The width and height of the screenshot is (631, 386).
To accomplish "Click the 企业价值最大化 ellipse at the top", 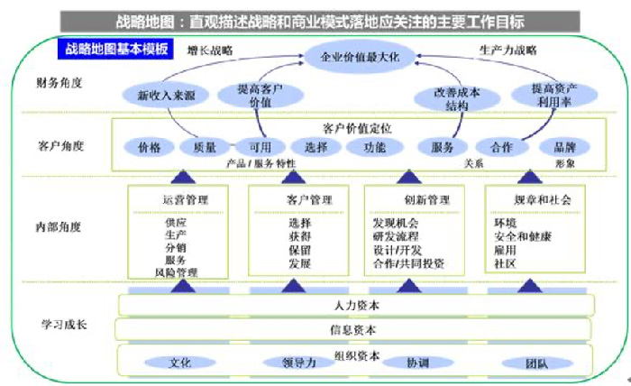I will tap(366, 58).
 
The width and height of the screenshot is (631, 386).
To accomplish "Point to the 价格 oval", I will tap(149, 147).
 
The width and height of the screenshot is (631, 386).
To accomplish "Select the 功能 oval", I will tap(374, 147).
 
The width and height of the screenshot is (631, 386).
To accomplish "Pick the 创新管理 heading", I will tap(416, 198).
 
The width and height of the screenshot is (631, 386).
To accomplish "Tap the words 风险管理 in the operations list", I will tap(176, 271).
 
